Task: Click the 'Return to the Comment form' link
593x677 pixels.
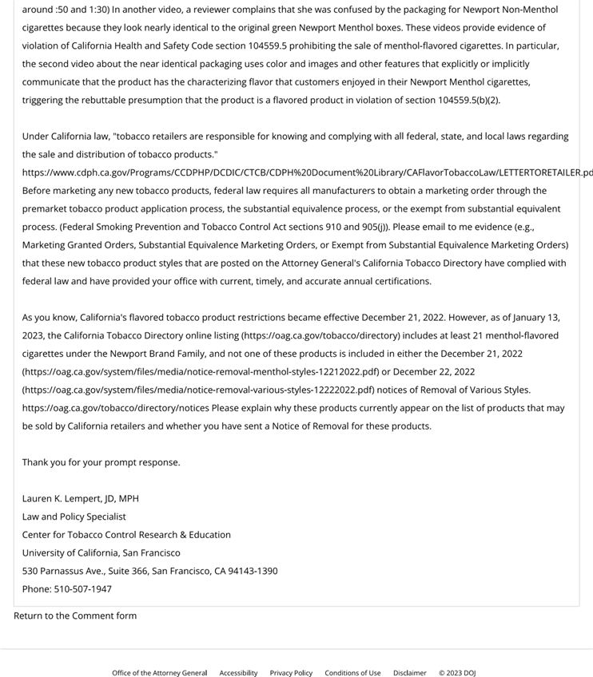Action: coord(75,616)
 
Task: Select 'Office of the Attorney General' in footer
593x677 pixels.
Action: coord(159,673)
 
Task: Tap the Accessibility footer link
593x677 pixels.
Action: coord(238,673)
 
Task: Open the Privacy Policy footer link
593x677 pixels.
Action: coord(291,673)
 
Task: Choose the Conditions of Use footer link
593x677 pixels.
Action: coord(352,673)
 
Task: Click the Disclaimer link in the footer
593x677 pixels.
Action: coord(409,673)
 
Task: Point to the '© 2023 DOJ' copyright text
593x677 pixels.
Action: coord(457,673)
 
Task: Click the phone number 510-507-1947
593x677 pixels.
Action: coord(83,589)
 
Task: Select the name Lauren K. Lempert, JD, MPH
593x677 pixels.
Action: coord(81,498)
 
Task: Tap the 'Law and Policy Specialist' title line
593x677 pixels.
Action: coord(74,517)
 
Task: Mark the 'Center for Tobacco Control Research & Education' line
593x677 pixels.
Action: coord(126,535)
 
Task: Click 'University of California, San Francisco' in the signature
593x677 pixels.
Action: coord(101,552)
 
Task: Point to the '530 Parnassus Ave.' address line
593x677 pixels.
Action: coord(150,571)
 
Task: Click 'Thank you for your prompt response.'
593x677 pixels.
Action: coord(101,462)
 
